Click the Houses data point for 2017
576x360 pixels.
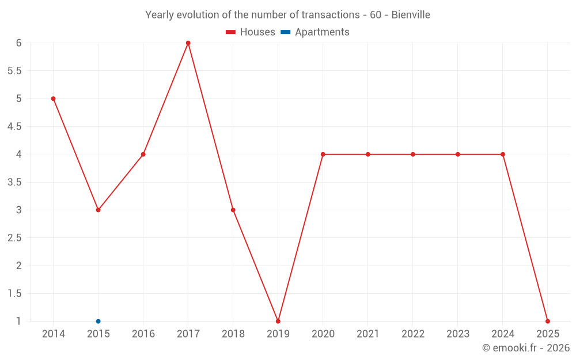(188, 43)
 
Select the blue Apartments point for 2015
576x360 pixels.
(98, 321)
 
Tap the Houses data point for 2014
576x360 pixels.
(54, 98)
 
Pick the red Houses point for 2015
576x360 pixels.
(98, 210)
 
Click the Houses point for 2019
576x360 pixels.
(278, 321)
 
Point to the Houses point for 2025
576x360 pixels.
(548, 321)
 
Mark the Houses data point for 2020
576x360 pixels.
(323, 154)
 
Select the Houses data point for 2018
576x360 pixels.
(233, 210)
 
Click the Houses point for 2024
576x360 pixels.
(503, 154)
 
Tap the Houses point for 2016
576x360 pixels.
(143, 154)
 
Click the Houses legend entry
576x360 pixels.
(251, 32)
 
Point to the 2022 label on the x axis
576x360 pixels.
(413, 334)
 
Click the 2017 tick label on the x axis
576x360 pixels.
(188, 334)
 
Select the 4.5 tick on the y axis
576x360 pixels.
(14, 127)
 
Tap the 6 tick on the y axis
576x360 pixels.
(19, 43)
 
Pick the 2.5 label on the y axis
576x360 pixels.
(14, 238)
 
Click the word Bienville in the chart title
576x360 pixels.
(411, 15)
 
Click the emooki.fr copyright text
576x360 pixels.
(526, 348)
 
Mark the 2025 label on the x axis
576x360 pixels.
(548, 334)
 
